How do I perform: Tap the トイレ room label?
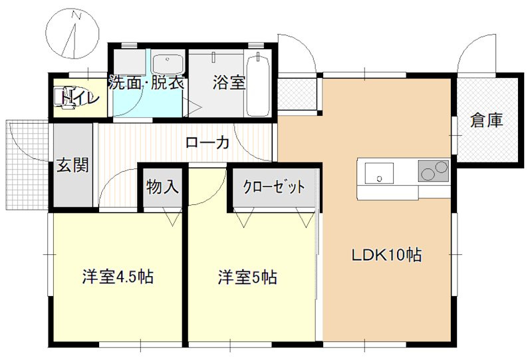pos(81,98)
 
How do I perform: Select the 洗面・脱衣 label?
pos(146,84)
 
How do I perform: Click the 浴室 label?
pos(229,83)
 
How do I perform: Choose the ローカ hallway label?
pos(207,142)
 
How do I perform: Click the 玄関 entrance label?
pos(72,164)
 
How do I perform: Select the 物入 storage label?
pos(162,188)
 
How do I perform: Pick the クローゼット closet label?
pos(274,187)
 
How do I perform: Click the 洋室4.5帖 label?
pos(118,276)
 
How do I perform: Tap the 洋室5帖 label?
pos(247,277)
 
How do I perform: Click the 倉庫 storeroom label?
pos(486,120)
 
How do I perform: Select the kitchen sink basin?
pos(378,174)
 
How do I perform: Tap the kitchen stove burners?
pos(433,171)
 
